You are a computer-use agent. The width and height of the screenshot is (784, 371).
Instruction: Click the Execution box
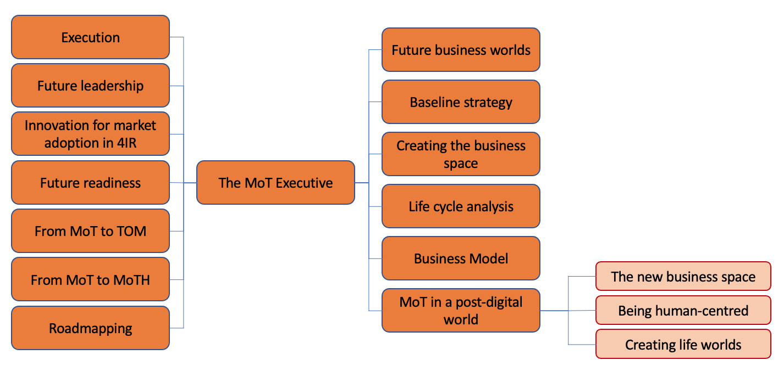[90, 37]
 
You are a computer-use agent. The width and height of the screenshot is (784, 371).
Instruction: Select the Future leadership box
[90, 86]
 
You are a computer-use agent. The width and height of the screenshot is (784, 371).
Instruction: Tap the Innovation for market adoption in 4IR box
[90, 134]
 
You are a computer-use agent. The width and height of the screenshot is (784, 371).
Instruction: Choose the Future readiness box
[90, 183]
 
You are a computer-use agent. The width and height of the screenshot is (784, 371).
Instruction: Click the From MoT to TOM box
[90, 231]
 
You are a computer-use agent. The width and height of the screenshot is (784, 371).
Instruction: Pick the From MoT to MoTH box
[90, 279]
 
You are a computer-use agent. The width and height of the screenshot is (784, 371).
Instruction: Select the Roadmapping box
[90, 328]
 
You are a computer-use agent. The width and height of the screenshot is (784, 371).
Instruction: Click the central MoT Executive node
[275, 183]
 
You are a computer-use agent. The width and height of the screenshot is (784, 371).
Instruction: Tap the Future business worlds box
[461, 50]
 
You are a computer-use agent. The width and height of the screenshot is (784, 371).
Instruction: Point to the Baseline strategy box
[461, 102]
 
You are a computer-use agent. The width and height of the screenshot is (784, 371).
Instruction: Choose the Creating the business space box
[461, 154]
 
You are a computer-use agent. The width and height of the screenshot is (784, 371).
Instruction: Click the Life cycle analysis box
[461, 206]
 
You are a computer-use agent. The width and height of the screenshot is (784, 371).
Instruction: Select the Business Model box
[461, 258]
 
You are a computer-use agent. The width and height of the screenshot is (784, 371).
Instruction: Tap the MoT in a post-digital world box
[461, 311]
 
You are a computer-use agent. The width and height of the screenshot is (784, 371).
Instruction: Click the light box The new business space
[683, 277]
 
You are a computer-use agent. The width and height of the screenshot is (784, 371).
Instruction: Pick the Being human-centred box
[683, 311]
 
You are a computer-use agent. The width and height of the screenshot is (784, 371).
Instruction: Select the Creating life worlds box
[683, 345]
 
